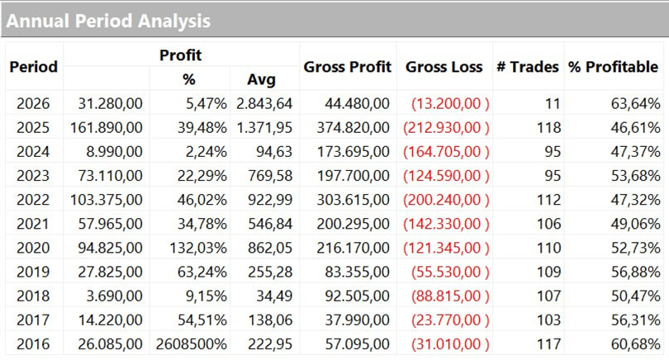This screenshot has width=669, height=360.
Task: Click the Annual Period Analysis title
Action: [108, 21]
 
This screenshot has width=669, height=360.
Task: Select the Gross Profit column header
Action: [347, 67]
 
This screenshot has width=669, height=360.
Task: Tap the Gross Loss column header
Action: [444, 67]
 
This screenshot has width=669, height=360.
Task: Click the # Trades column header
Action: [527, 67]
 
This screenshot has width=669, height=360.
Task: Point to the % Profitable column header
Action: [613, 67]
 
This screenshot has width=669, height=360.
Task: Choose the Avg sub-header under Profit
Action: [261, 80]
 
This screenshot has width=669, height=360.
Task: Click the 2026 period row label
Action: [33, 103]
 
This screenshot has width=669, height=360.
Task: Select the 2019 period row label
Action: [33, 271]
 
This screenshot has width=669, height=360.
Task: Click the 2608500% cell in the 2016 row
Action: [189, 343]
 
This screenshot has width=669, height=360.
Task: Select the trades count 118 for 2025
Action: [548, 127]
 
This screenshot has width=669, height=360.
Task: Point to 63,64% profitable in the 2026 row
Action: [637, 103]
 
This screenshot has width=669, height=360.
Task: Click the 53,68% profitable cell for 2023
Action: [637, 175]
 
